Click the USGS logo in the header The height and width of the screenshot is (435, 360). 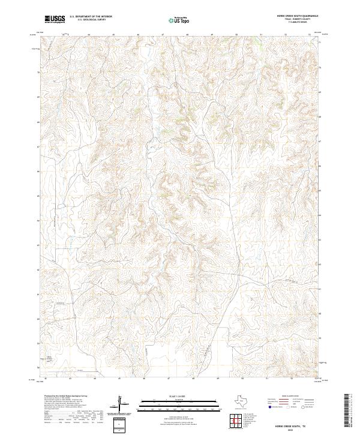55,20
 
